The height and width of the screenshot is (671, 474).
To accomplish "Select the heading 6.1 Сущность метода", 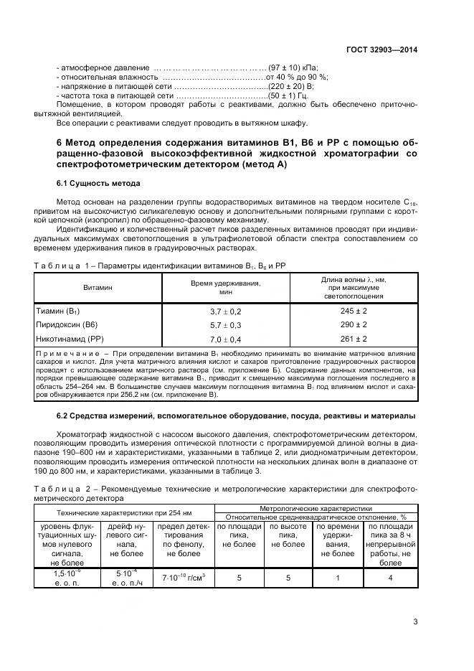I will [x=98, y=183].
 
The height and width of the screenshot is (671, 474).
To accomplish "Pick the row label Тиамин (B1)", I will [x=57, y=311].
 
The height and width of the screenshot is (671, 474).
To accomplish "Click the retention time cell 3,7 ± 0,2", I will [x=225, y=311].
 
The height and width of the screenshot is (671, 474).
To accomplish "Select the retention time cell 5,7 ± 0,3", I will [x=225, y=325].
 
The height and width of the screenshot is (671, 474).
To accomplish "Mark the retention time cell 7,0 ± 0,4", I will [x=225, y=339].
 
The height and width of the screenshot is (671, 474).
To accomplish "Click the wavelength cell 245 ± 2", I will [x=354, y=311].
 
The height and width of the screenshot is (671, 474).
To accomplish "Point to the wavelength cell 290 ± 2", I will [x=354, y=325].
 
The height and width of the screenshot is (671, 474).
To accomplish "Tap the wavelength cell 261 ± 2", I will [x=354, y=339].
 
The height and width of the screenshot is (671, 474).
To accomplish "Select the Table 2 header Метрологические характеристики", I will [x=316, y=508].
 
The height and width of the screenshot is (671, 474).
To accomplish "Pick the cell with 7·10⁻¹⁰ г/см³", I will [x=184, y=577].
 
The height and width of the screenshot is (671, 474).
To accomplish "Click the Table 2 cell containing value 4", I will [x=390, y=576].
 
